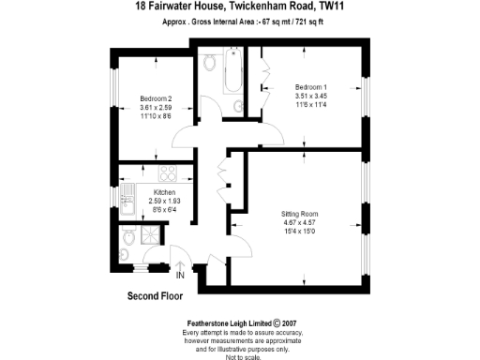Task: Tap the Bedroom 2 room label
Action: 156,98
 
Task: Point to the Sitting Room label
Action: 301,214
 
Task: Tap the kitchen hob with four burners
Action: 169,173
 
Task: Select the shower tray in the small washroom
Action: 147,237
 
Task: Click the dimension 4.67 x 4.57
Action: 301,223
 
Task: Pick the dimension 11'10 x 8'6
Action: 156,115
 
